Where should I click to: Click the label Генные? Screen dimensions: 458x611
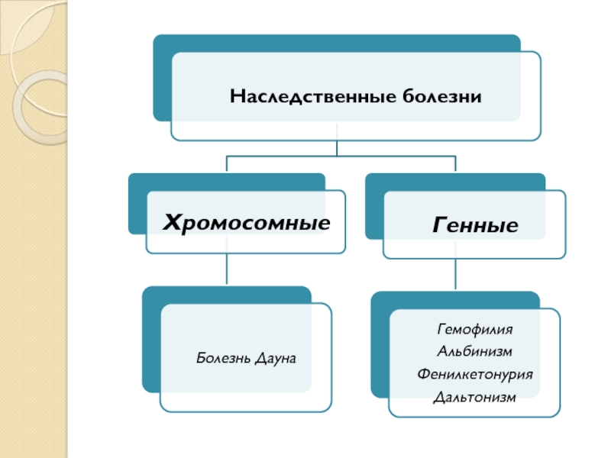click(475, 224)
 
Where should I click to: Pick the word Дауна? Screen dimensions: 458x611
click(276, 357)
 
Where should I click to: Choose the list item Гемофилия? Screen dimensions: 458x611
click(474, 330)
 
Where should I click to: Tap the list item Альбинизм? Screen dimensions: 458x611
click(474, 352)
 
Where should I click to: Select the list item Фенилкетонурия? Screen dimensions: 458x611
click(474, 374)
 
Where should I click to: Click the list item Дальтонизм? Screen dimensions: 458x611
click(474, 397)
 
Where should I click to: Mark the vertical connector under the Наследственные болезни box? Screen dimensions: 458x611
click(337, 148)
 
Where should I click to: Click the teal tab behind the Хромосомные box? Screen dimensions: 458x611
click(137, 206)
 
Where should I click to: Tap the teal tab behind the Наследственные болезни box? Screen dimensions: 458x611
click(161, 76)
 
